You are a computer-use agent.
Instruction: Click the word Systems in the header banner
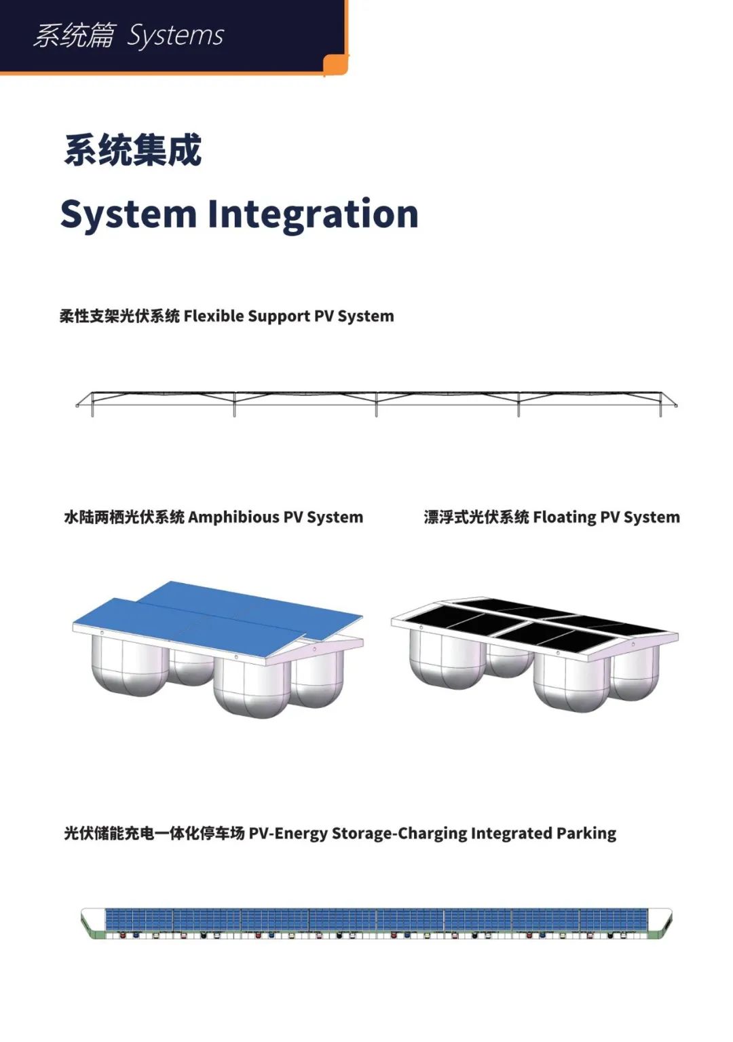point(175,36)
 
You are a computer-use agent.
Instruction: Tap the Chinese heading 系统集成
point(133,150)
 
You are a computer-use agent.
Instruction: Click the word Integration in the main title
point(313,215)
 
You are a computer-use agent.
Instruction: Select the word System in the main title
point(128,215)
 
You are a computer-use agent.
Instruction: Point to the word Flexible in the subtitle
point(213,316)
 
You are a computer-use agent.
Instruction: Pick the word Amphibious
point(233,517)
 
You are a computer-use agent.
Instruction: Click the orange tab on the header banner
point(336,64)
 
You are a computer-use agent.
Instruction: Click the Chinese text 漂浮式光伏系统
point(476,517)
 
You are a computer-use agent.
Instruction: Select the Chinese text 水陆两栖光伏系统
point(124,517)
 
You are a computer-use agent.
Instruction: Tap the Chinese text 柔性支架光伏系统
point(119,316)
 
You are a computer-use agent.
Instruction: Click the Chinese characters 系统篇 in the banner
point(74,36)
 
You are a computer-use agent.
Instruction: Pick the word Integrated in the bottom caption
point(511,834)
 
